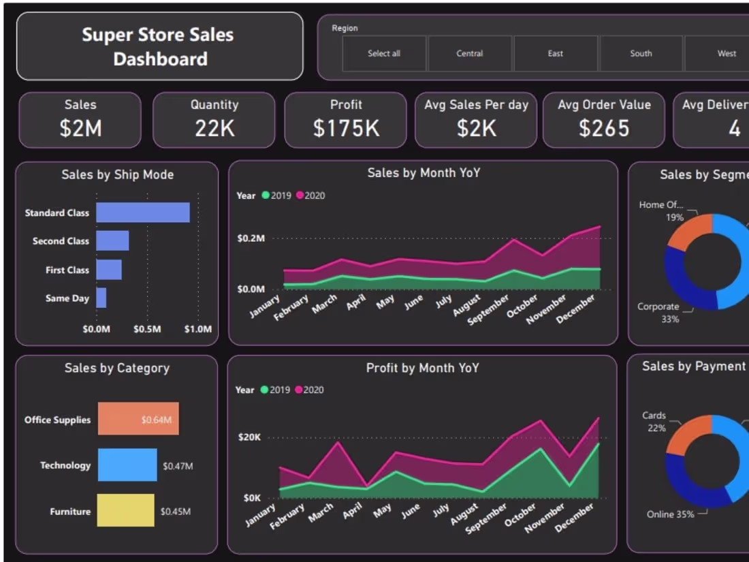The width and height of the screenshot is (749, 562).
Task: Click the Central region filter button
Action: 469,53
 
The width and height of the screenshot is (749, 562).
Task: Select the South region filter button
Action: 641,53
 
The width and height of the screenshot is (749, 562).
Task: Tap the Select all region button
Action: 384,53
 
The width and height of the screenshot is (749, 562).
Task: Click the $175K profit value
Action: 346,128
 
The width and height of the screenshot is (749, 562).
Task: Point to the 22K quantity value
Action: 214,128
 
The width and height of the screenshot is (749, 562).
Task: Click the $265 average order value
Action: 604,128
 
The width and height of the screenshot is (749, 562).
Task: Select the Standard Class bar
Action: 142,213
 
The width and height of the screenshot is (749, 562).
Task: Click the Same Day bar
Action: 101,298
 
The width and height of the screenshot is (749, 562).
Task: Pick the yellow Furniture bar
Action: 125,510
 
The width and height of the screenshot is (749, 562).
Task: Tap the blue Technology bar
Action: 127,465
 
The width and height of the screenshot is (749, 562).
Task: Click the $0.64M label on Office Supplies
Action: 156,420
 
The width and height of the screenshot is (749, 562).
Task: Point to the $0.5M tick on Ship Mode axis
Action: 147,329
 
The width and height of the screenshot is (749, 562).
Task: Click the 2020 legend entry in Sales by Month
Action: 310,196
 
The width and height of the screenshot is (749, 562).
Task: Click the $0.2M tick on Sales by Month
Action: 251,238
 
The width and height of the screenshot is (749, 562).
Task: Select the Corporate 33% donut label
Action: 659,313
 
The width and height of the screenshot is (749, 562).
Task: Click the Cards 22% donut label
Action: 655,422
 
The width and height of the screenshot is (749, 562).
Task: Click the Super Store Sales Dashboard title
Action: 159,46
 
